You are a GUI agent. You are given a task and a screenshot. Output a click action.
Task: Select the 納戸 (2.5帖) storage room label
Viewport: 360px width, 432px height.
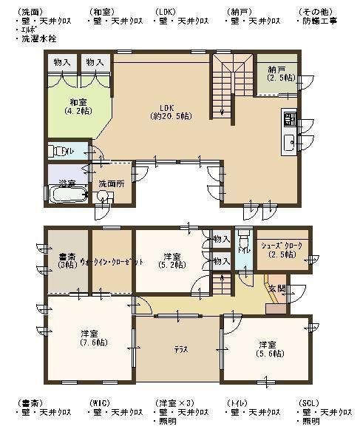tap(281, 73)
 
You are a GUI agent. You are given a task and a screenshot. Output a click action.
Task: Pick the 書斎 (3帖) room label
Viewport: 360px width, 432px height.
tap(67, 260)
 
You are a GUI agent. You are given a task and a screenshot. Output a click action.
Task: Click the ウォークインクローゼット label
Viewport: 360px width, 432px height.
tap(112, 263)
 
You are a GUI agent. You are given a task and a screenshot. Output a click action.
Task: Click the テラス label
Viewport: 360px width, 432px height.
tap(179, 348)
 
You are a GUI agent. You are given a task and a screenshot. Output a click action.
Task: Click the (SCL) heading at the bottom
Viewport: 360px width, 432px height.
tap(310, 402)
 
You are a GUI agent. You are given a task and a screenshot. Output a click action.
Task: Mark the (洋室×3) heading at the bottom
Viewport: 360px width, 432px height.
tap(174, 402)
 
